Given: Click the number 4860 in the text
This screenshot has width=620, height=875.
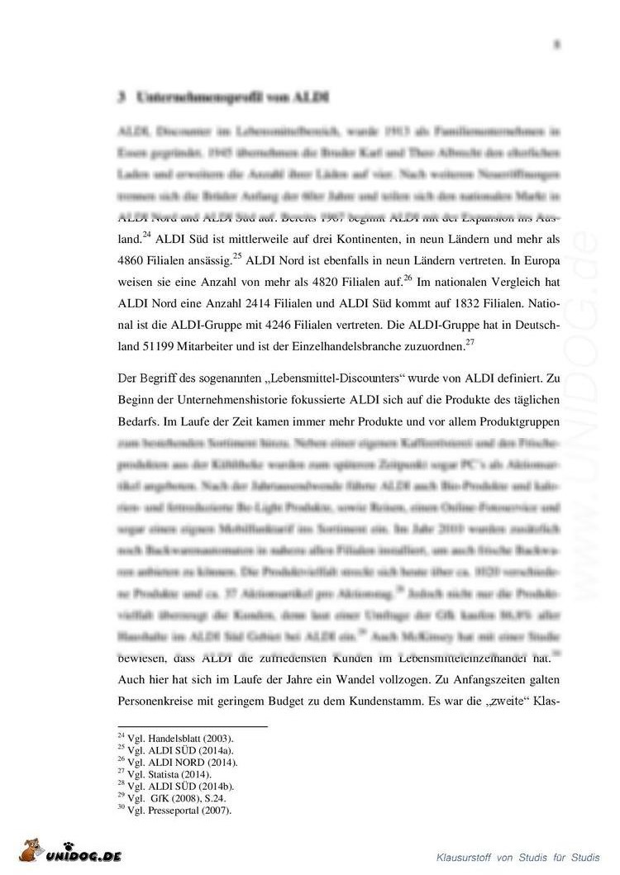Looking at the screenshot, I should [134, 260].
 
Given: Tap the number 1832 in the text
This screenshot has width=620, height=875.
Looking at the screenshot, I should [440, 303].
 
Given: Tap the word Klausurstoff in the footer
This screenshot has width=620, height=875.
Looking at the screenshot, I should [466, 856].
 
